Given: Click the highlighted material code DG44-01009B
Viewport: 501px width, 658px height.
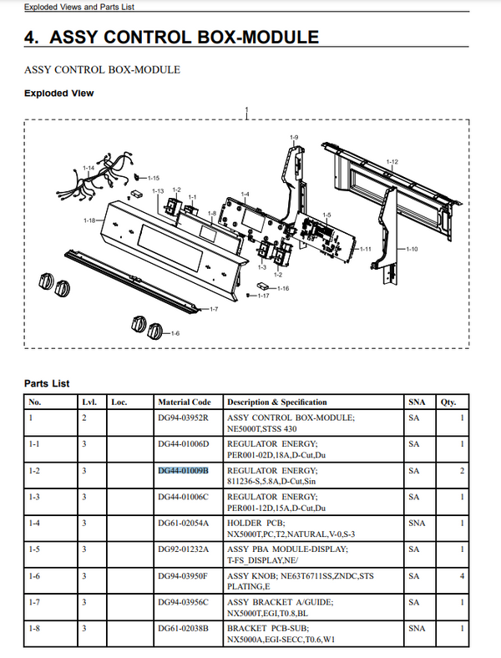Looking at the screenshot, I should (183, 471).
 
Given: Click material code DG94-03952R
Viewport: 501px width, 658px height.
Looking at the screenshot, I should (183, 417).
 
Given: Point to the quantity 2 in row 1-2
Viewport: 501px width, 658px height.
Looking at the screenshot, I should (462, 471).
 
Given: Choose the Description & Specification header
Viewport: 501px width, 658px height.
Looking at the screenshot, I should (276, 402).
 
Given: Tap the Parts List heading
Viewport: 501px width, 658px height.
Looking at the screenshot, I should (48, 383).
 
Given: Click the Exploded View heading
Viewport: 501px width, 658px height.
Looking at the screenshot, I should (59, 93).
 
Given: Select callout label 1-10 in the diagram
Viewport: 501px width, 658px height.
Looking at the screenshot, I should (412, 249).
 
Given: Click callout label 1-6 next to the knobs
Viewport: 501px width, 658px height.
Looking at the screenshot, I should (174, 334).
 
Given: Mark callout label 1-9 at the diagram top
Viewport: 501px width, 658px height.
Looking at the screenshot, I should (294, 137).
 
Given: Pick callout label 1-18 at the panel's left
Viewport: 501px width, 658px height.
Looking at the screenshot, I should (89, 220).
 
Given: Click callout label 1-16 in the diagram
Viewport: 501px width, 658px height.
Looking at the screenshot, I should (283, 289).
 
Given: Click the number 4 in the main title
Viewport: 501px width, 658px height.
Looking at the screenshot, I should (32, 38).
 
